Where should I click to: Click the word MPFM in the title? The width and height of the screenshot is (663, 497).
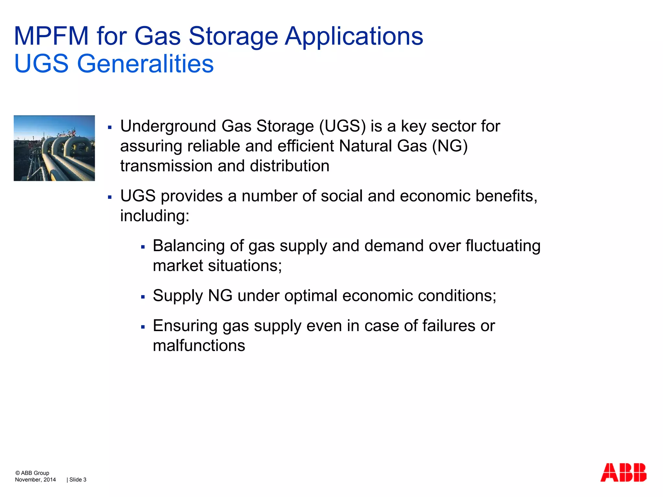coord(51,36)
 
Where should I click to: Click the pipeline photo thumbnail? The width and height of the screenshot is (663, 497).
coord(54,148)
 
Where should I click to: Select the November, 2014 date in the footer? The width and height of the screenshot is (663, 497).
coord(35,480)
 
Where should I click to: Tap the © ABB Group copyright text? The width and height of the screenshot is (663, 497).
coord(32,473)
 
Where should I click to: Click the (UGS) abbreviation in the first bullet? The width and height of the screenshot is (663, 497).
coord(342,126)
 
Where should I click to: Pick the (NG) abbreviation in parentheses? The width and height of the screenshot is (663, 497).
coord(450,146)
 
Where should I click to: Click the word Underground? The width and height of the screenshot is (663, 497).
coord(168,126)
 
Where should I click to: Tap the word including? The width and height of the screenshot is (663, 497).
coord(155,216)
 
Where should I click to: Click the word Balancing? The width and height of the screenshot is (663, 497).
coord(189,246)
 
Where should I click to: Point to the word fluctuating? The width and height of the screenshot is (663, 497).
coord(503,246)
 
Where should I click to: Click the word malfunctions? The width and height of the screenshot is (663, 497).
coord(199,346)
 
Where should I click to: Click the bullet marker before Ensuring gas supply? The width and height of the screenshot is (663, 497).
coord(143,327)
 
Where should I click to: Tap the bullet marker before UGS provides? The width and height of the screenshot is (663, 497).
coord(110,197)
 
